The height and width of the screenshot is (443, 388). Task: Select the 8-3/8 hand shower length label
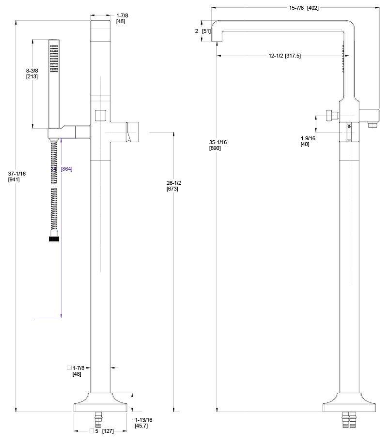32,74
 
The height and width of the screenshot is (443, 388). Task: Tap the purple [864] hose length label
66,168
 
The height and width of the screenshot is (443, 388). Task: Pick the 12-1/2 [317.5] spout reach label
284,56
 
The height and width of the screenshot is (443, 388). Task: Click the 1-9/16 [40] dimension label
308,141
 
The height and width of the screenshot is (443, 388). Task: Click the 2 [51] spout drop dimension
202,31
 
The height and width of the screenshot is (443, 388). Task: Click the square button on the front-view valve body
101,116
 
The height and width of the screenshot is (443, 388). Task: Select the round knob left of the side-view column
331,116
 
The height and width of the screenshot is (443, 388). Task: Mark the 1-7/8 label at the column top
122,18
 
